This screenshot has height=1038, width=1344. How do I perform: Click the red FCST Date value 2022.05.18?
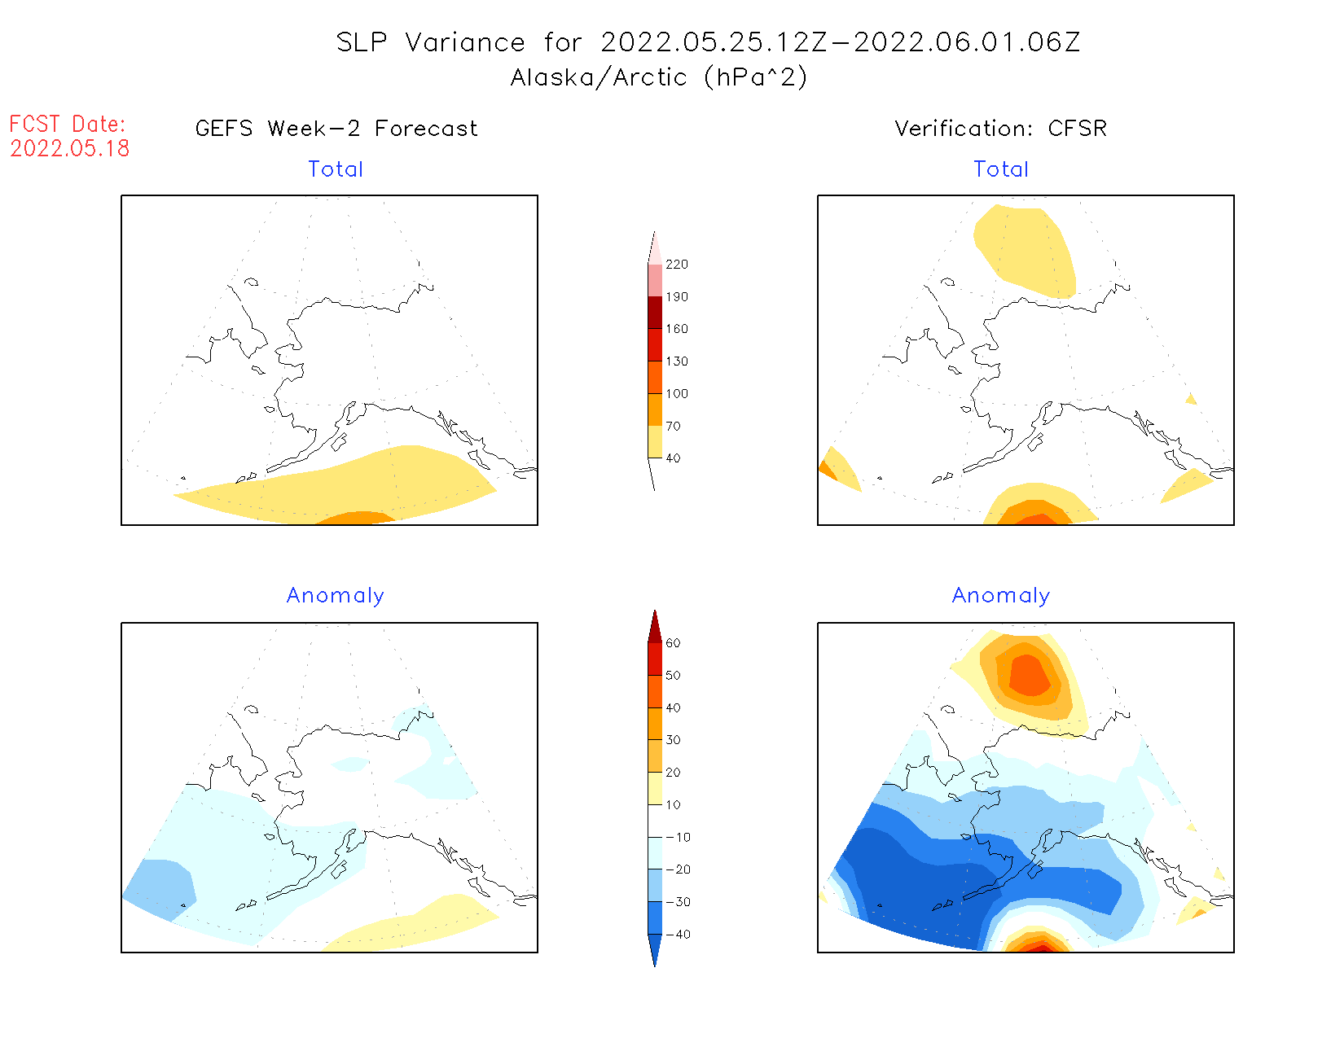[x=70, y=148]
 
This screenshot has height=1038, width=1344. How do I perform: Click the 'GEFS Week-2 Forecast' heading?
[x=336, y=129]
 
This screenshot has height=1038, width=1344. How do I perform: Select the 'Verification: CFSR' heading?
[x=1000, y=129]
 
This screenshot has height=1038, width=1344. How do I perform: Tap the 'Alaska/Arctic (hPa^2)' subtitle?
[x=659, y=77]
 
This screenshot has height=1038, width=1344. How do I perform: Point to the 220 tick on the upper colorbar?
[x=676, y=265]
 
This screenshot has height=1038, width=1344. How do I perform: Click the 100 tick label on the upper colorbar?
[x=676, y=394]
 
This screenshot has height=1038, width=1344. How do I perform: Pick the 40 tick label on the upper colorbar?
[x=673, y=458]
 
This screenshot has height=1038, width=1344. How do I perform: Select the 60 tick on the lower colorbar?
[x=673, y=643]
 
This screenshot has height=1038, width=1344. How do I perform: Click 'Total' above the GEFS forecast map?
[x=336, y=169]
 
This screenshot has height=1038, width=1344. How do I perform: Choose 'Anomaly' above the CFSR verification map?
[x=1001, y=596]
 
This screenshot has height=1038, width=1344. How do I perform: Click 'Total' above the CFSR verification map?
[x=1001, y=169]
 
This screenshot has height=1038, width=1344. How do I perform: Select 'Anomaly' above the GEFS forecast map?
[x=336, y=596]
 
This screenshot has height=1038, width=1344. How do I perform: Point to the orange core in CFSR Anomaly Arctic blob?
[x=1030, y=675]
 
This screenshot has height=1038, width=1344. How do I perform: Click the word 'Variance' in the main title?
[x=465, y=42]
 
